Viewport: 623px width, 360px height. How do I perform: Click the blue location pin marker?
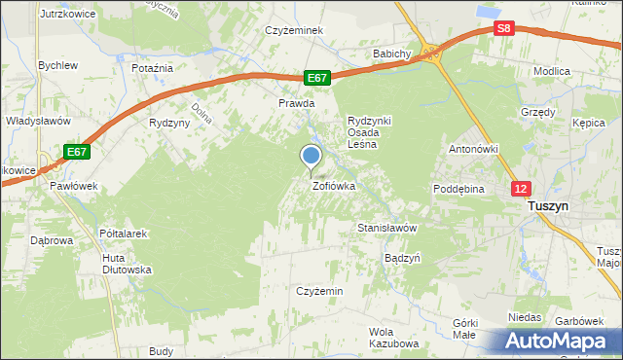click(x=311, y=156)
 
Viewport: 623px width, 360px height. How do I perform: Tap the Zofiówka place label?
click(x=333, y=185)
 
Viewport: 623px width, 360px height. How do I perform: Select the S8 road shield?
click(x=502, y=29)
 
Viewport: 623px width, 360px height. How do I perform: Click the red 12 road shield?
click(x=523, y=188)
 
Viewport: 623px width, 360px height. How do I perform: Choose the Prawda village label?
click(x=297, y=102)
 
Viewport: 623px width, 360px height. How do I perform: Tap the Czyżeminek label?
click(x=294, y=30)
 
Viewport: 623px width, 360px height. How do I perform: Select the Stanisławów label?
click(x=386, y=228)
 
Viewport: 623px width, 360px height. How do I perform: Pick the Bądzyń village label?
click(x=402, y=259)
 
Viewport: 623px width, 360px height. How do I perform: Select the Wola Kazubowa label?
click(x=393, y=338)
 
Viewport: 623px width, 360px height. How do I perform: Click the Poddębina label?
click(x=458, y=190)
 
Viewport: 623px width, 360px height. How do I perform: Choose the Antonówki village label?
click(x=473, y=149)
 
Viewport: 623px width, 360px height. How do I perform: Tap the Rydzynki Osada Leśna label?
click(x=369, y=131)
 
